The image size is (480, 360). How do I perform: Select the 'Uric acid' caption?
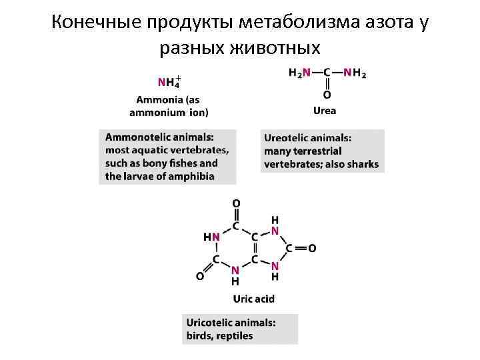pyautogui.click(x=253, y=299)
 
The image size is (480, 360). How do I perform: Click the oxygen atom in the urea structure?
pyautogui.click(x=327, y=95)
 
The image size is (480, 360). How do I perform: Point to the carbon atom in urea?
pyautogui.click(x=327, y=73)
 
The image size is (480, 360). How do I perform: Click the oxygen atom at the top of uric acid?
pyautogui.click(x=235, y=203)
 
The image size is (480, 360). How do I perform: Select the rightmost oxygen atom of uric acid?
pyautogui.click(x=311, y=248)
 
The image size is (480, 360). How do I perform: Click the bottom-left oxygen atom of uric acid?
pyautogui.click(x=199, y=275)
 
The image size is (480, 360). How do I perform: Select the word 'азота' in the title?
pyautogui.click(x=377, y=23)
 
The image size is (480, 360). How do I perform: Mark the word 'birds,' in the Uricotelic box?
pyautogui.click(x=199, y=335)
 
